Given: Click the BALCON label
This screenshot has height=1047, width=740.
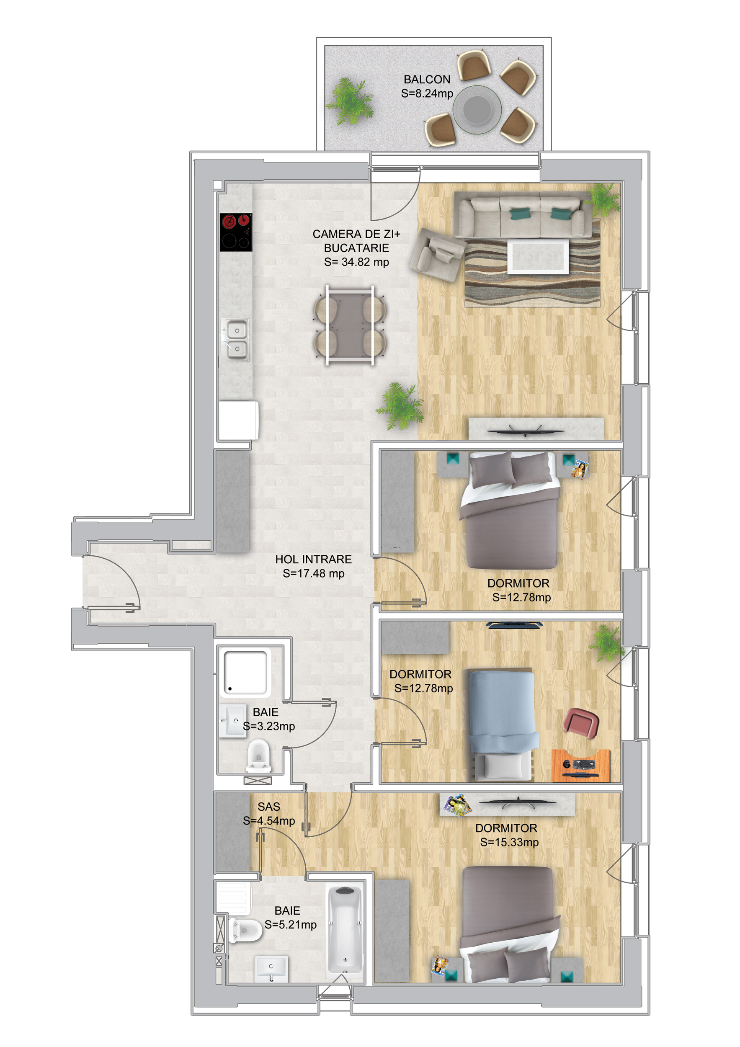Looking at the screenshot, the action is coord(427,79).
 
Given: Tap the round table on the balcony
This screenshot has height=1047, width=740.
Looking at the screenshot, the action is coord(477,109).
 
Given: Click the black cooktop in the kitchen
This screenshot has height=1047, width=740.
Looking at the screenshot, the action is coord(236,232).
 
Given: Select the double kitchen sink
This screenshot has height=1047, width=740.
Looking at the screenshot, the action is coord(236,339).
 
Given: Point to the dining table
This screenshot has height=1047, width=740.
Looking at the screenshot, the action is coord(350,325).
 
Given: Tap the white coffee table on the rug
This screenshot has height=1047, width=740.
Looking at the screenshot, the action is coord(538,256).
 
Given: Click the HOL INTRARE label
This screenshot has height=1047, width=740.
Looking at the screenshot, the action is coord(313,559).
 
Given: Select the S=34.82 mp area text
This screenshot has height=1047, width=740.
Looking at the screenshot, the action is coord(356,262).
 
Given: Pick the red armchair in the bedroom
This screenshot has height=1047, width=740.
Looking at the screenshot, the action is coord(581,723).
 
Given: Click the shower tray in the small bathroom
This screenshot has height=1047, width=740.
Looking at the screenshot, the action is coord(245,673).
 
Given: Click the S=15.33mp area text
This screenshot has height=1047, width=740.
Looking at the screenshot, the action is coord(509,842).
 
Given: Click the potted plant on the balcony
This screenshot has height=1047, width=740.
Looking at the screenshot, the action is coord(350,101).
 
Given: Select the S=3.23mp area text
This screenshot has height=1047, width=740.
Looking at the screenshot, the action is coord(268,725).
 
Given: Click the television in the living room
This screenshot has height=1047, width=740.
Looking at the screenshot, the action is coord(525,431).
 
